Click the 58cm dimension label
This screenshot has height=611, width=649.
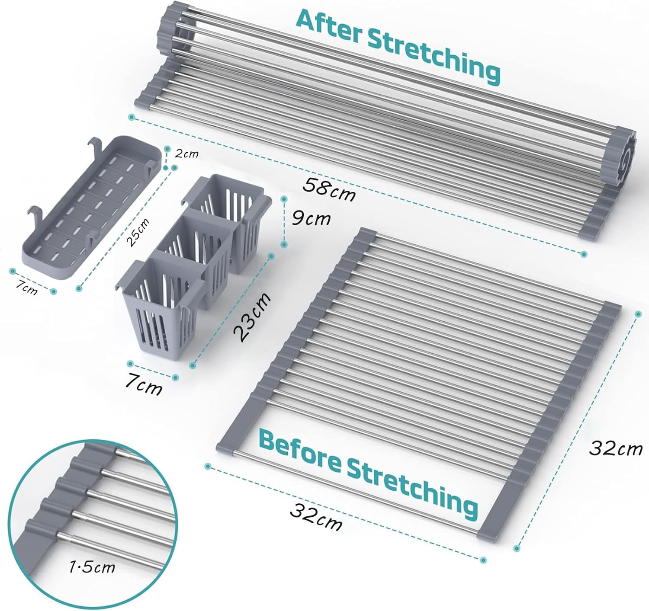tap(329, 189)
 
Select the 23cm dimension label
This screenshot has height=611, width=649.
tap(252, 317)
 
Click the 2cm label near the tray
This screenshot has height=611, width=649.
tap(186, 154)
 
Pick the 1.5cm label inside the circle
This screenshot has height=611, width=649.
tap(92, 566)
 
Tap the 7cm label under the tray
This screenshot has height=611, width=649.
tap(25, 287)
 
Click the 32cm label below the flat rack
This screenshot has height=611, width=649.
tap(316, 517)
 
